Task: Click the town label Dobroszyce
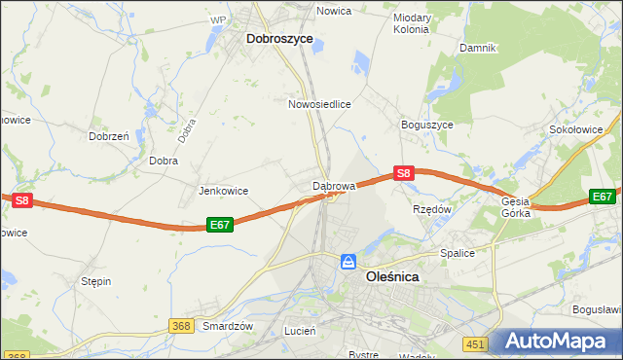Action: click(279, 39)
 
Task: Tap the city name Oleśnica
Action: click(391, 276)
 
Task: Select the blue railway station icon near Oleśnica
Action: click(348, 262)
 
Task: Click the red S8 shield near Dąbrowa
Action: click(405, 174)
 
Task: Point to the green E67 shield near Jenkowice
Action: click(220, 225)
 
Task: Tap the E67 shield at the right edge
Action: click(604, 197)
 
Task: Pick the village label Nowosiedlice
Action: click(319, 103)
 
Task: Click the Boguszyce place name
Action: click(426, 126)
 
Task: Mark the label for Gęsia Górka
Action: click(516, 206)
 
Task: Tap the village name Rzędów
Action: click(432, 209)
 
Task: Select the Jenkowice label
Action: click(224, 191)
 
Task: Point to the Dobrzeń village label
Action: click(110, 137)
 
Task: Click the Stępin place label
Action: click(95, 281)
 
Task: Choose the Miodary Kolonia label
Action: click(411, 23)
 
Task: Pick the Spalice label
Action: click(456, 253)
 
